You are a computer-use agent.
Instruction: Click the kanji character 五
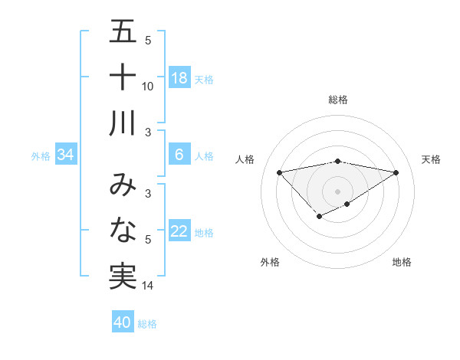pos(123,32)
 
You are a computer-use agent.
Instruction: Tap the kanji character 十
pos(123,77)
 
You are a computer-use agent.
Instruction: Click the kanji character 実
pos(123,276)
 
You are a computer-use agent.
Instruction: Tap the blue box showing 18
pos(179,78)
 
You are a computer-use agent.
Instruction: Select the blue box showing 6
pos(179,155)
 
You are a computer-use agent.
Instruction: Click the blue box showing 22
pos(179,232)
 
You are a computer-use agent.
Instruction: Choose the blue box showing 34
pos(66,155)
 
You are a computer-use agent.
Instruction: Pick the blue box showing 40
pos(123,322)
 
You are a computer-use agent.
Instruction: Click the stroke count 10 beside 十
pos(148,86)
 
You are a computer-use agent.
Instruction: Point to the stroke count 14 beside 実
pos(148,286)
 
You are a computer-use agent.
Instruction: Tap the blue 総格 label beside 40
pos(147,324)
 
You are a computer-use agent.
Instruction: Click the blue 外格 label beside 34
pos(41,156)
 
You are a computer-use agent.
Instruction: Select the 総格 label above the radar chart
pos(338,100)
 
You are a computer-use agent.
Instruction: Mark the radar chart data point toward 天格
pos(396,172)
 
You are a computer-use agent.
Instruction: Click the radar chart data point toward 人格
pos(279,172)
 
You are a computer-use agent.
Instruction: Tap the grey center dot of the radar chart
pos(338,191)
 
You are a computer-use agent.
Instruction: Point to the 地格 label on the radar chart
pos(402,263)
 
